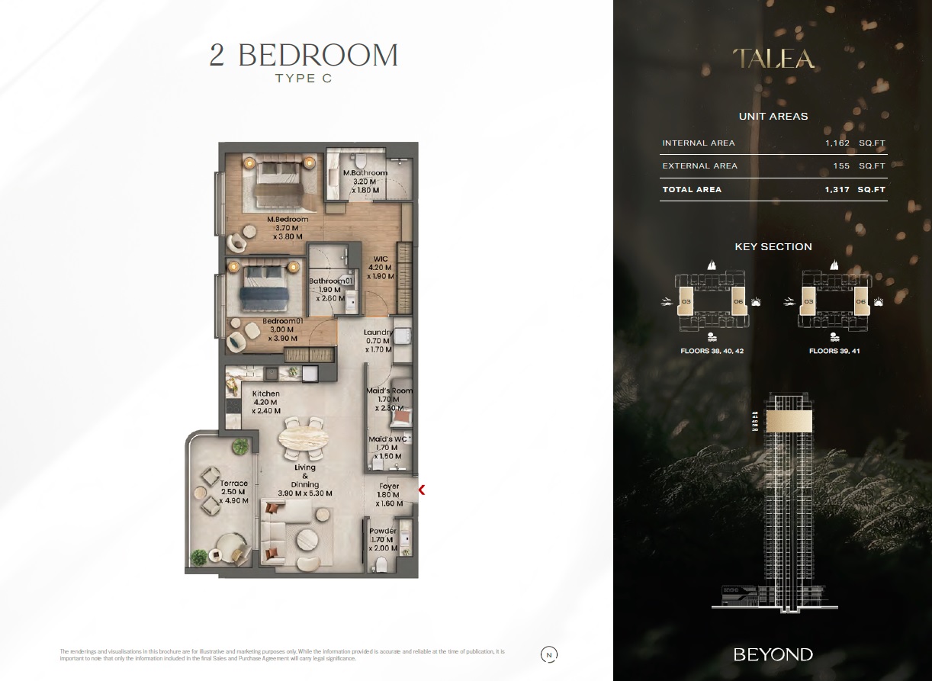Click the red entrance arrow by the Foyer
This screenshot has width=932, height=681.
coord(421,490)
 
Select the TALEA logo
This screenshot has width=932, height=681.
coord(773,59)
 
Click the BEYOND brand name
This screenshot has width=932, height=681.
coord(773,654)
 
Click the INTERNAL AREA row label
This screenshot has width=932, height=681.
coord(699,143)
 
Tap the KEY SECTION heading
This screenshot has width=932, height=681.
coord(773,246)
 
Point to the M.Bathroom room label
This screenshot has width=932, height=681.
coord(365,173)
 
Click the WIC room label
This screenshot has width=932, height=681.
coord(380,259)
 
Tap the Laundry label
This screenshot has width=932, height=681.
coord(378,332)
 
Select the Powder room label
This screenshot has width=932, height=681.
coord(382,531)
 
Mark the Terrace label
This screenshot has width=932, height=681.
coord(233,483)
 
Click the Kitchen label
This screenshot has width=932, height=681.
coord(265,394)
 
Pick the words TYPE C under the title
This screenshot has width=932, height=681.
coord(304,79)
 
